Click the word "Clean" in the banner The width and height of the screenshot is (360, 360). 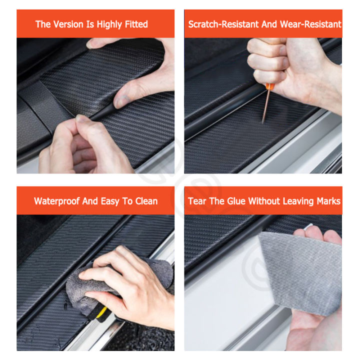click(x=146, y=201)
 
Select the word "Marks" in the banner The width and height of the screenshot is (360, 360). click(x=328, y=201)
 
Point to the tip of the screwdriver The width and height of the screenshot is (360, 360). click(x=263, y=121)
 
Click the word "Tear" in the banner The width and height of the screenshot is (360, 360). click(x=196, y=201)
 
